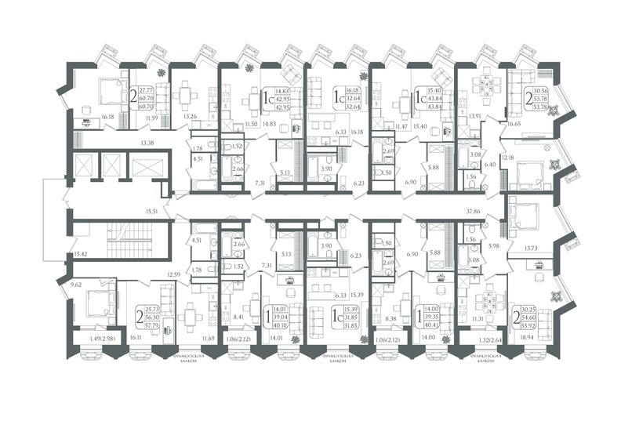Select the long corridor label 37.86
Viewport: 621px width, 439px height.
pos(472,211)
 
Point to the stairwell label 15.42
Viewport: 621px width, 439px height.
pos(82,254)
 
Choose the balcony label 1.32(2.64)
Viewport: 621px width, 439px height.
pos(485,339)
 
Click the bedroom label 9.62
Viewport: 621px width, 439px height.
pos(77,285)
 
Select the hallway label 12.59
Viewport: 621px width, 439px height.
pos(173,274)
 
